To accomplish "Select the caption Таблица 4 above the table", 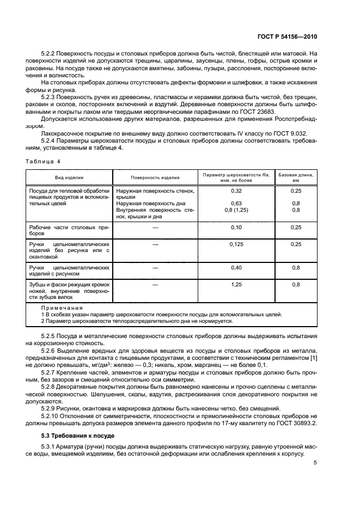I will point(43,161).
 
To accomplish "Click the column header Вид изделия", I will point(69,177).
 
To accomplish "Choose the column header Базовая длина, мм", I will point(296,177).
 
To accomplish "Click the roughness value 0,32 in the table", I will point(236,191).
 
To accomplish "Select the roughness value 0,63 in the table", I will point(236,204).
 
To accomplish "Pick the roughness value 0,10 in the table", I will point(236,226).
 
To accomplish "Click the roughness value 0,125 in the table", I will point(236,245).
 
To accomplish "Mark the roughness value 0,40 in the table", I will point(236,267).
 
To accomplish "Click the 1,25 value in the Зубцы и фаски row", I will point(236,284).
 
